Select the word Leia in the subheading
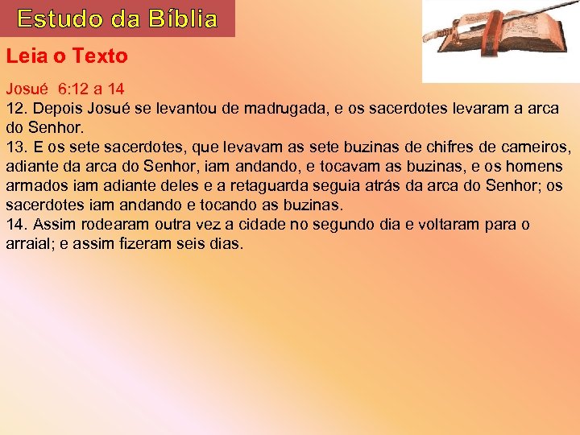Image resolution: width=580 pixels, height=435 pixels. coord(24,56)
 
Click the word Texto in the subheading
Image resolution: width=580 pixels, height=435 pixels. coord(100,56)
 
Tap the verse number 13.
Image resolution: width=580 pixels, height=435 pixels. coord(16,147)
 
